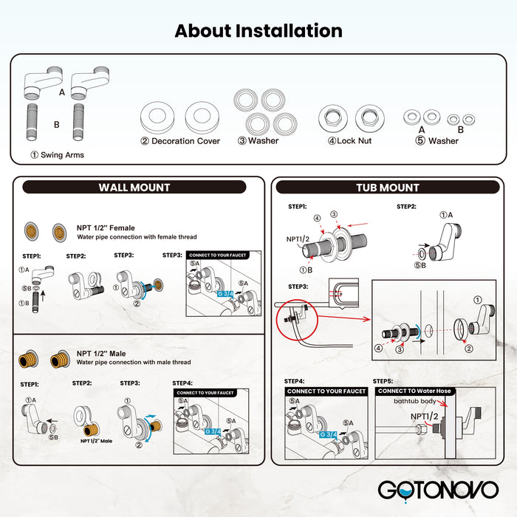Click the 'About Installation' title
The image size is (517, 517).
pos(258,31)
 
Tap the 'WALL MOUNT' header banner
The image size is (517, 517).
pos(134,188)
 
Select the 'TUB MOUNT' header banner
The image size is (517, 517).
pos(388,188)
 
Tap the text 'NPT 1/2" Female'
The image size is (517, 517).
pos(106,228)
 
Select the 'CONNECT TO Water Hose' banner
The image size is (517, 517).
pos(414,391)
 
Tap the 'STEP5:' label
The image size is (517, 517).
pos(383,381)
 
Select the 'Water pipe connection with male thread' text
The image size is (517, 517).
pos(134,363)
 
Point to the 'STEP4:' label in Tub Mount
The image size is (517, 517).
pos(295,381)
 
